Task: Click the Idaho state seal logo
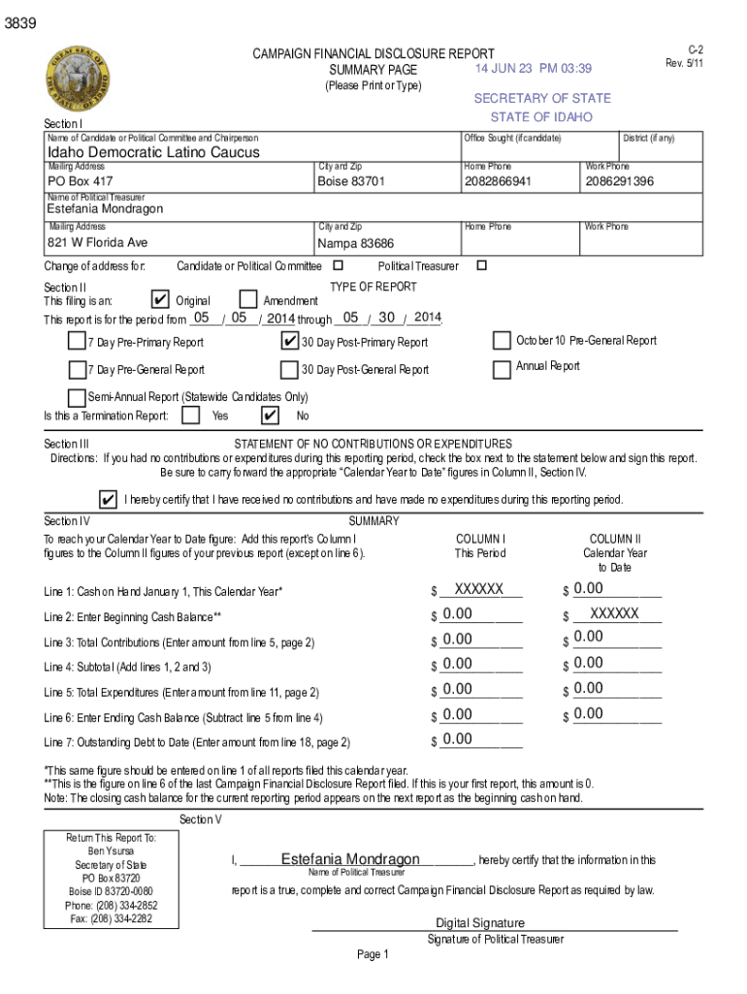coord(77,81)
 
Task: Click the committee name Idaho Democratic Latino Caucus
coord(154,153)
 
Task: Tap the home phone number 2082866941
coord(498,182)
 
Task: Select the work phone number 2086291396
coord(620,182)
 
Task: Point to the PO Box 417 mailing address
coord(81,182)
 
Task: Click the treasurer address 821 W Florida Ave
coord(98,243)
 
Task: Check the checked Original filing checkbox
coord(162,300)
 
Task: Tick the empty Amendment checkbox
coord(247,300)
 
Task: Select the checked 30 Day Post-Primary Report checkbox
coord(289,341)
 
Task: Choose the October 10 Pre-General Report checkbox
coord(502,341)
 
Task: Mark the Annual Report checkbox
coord(502,369)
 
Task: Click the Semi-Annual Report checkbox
coord(77,397)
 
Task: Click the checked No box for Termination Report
coord(271,415)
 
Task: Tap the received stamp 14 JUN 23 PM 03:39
coord(533,69)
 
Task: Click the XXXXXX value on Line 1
coord(479,589)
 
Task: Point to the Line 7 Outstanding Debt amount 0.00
coord(457,740)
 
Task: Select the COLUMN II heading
coord(615,540)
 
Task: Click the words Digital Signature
coord(480,923)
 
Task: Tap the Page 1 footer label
coord(373,954)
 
